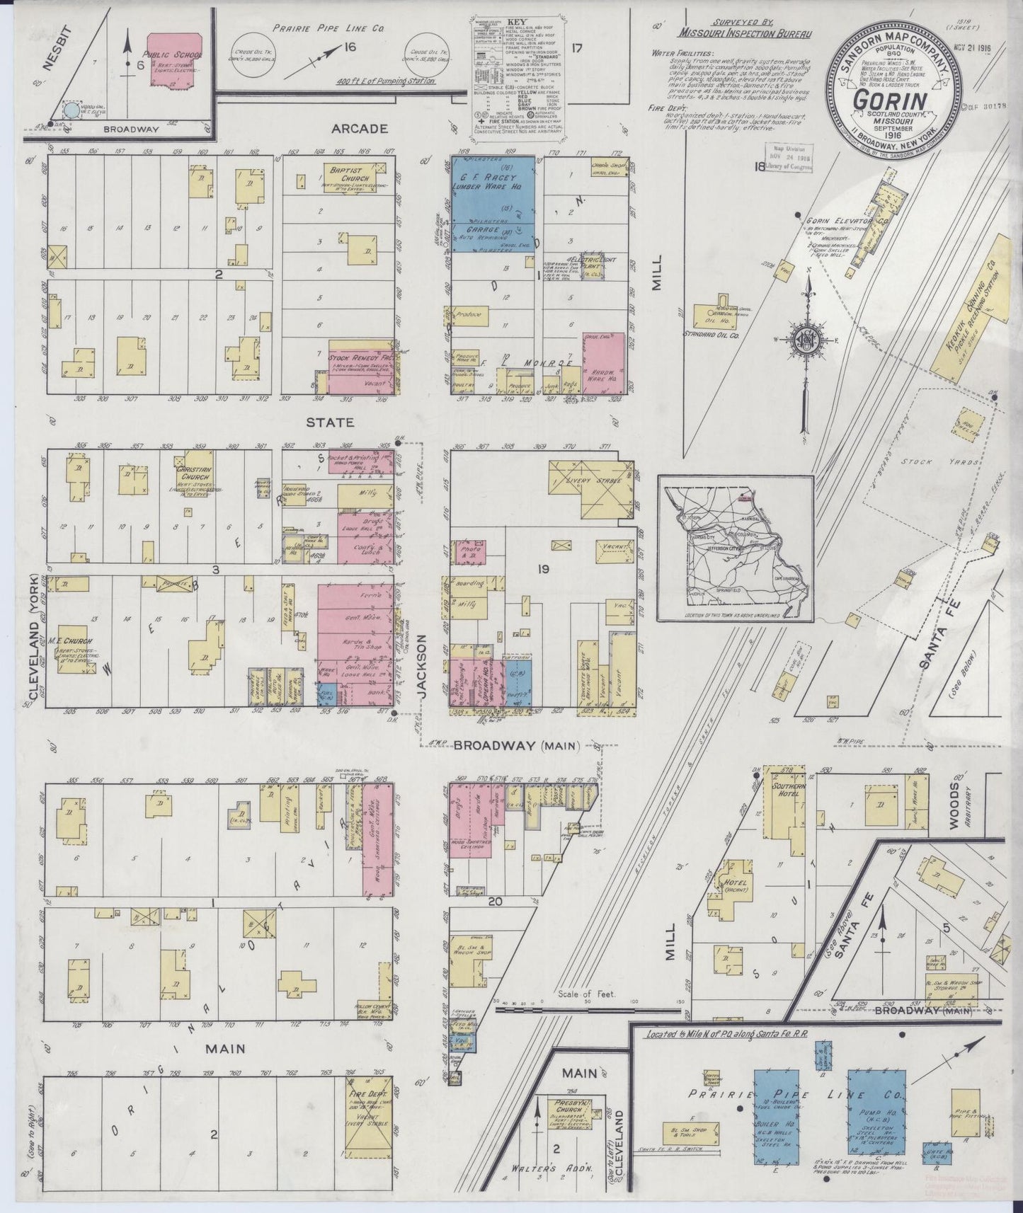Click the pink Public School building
point(173,59)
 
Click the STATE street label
point(329,422)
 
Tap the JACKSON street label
point(422,668)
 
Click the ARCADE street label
point(360,129)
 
